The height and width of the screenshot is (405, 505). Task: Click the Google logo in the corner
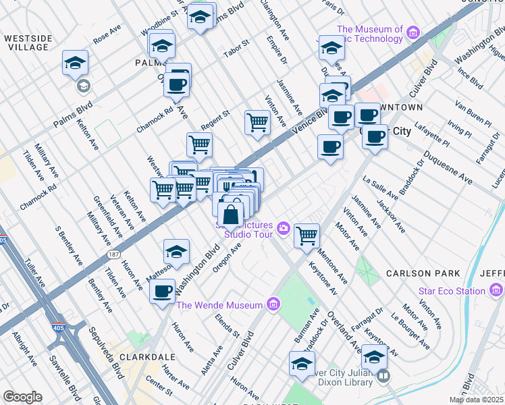[22, 397]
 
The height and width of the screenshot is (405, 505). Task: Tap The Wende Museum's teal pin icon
[273, 305]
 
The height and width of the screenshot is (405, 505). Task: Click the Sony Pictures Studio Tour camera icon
[282, 228]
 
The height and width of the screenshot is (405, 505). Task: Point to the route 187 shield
[113, 254]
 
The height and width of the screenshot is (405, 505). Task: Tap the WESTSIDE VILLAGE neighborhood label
[26, 43]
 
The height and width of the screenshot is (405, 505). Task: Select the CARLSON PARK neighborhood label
[423, 273]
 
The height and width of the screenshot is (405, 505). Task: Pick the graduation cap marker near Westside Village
[76, 64]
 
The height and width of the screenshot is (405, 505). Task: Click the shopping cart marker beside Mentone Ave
[307, 236]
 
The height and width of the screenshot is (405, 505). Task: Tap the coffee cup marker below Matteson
[162, 292]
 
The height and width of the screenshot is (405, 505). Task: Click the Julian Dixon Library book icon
[383, 376]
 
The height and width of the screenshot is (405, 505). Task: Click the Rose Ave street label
[107, 34]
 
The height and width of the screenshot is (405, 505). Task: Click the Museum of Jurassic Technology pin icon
[413, 32]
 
